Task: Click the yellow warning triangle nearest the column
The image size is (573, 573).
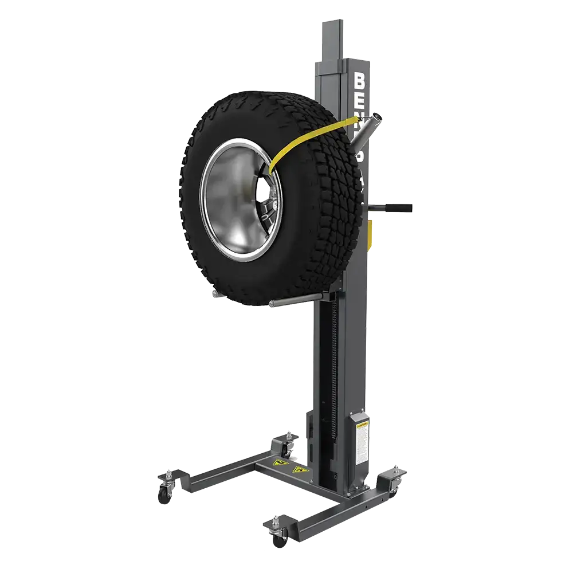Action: coord(297,470)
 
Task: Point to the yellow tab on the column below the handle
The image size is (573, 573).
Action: coord(371,231)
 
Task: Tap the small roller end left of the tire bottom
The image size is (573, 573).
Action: coord(214,293)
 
